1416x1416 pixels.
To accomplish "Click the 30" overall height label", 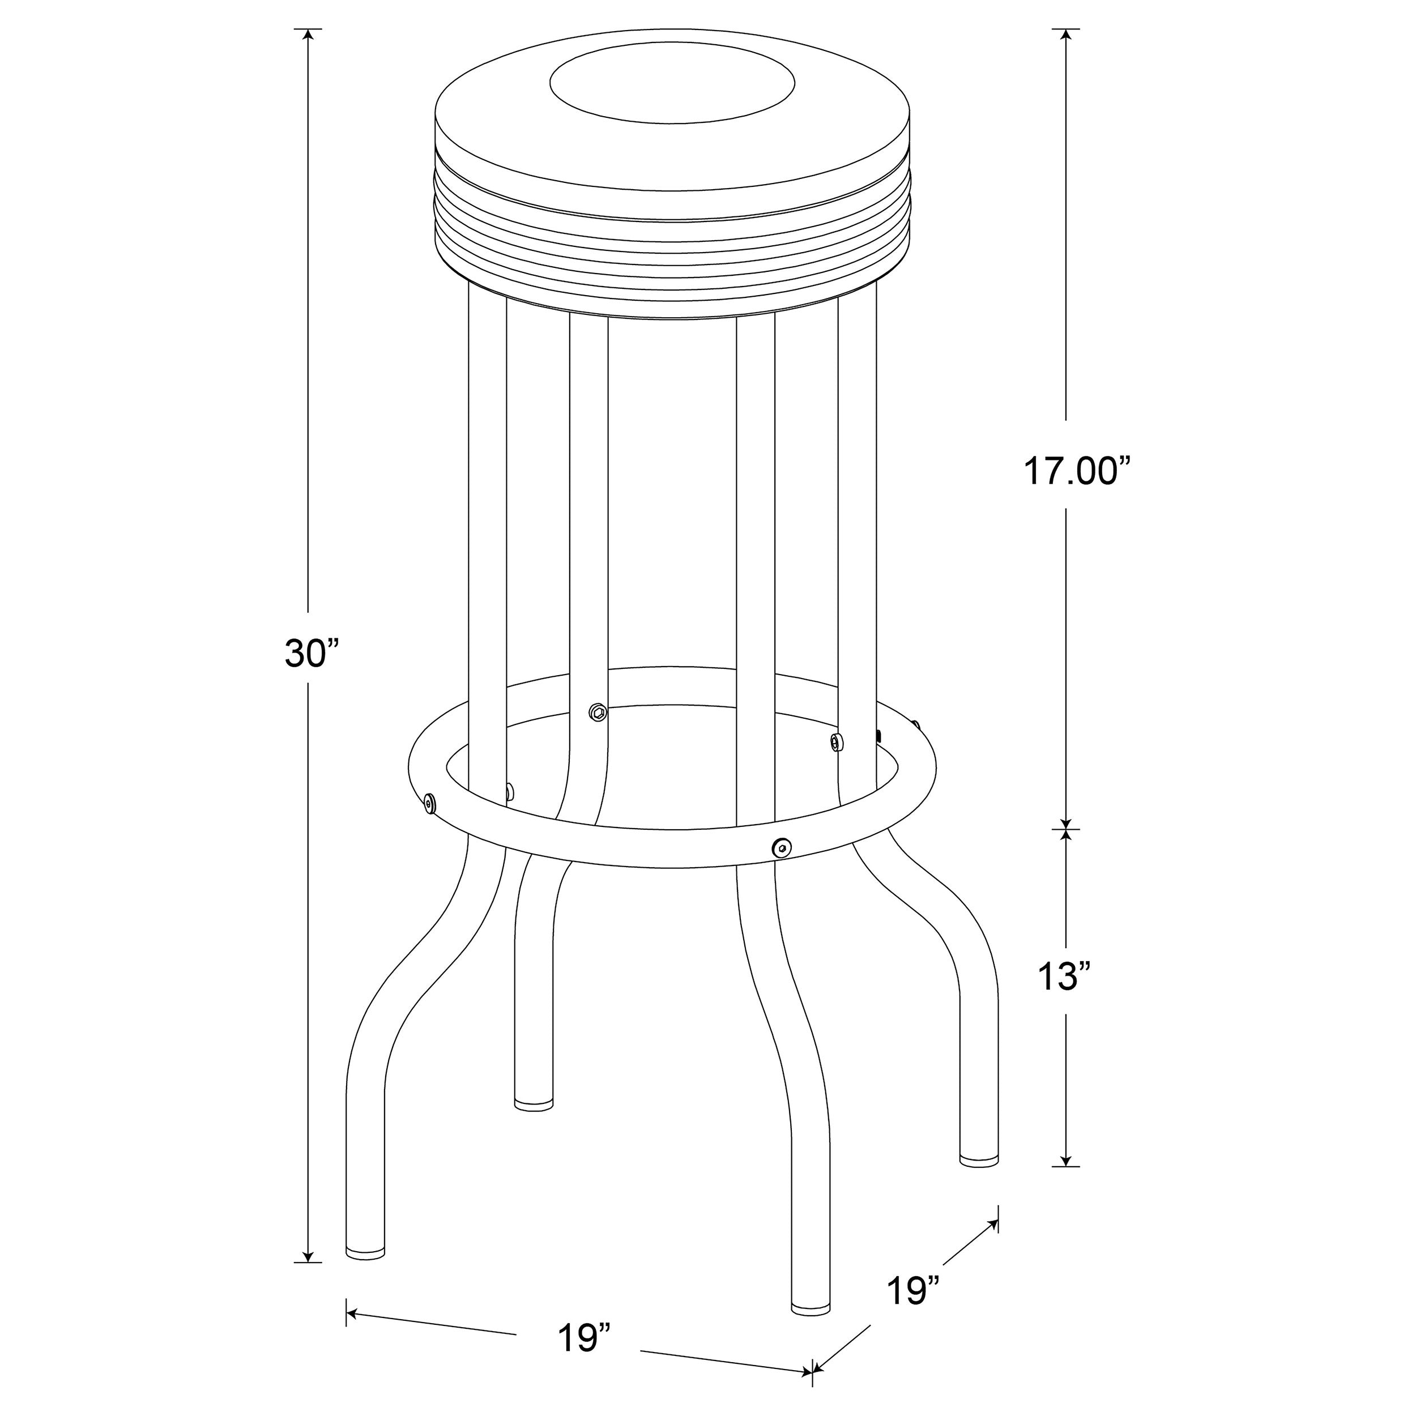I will pyautogui.click(x=312, y=653).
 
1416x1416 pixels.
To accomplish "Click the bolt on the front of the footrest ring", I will pyautogui.click(x=782, y=848).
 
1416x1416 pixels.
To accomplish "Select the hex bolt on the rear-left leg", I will pyautogui.click(x=598, y=710).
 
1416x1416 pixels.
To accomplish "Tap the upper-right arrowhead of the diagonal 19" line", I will pyautogui.click(x=994, y=1224).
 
